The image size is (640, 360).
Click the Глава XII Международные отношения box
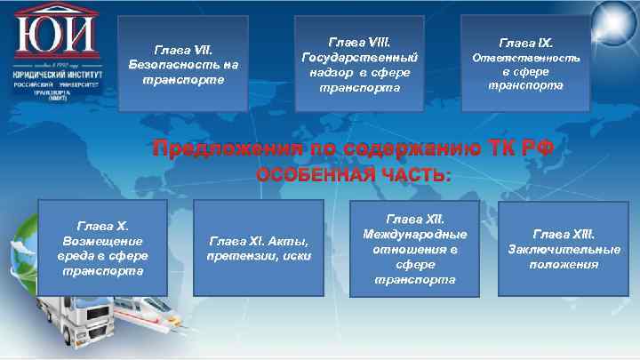[x=414, y=248]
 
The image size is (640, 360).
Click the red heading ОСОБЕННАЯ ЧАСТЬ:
[x=354, y=174]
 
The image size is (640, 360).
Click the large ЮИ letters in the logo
[x=55, y=34]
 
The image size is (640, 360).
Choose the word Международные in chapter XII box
[x=414, y=234]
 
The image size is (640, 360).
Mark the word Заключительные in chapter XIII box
[x=564, y=248]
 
